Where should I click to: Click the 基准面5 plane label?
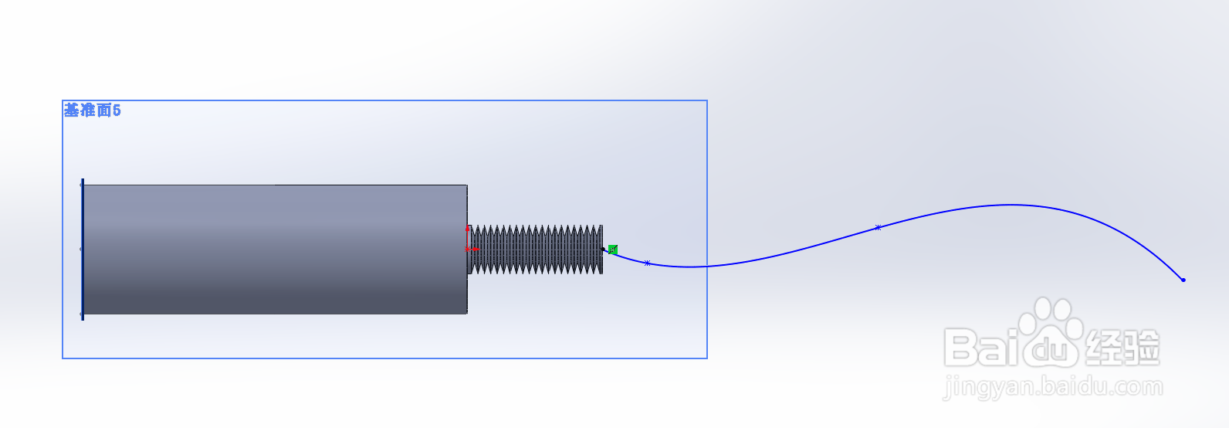(x=92, y=110)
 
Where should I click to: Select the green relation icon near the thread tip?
(x=612, y=250)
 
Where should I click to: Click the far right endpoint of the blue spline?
(x=1183, y=280)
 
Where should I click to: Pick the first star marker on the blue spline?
(x=647, y=263)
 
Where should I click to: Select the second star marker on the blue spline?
(x=878, y=227)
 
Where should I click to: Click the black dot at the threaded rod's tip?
(x=604, y=249)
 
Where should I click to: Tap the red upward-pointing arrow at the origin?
(x=467, y=229)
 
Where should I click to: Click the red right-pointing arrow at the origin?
(x=473, y=250)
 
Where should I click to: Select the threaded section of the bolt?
(x=537, y=250)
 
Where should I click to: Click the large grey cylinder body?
(x=274, y=249)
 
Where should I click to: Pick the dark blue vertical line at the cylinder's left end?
(x=83, y=249)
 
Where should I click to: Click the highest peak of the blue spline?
(x=1010, y=205)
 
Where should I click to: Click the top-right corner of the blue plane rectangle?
(x=707, y=100)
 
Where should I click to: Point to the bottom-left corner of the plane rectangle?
(x=63, y=358)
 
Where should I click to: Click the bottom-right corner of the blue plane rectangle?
(x=707, y=358)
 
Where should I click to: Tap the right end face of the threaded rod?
(x=601, y=250)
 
